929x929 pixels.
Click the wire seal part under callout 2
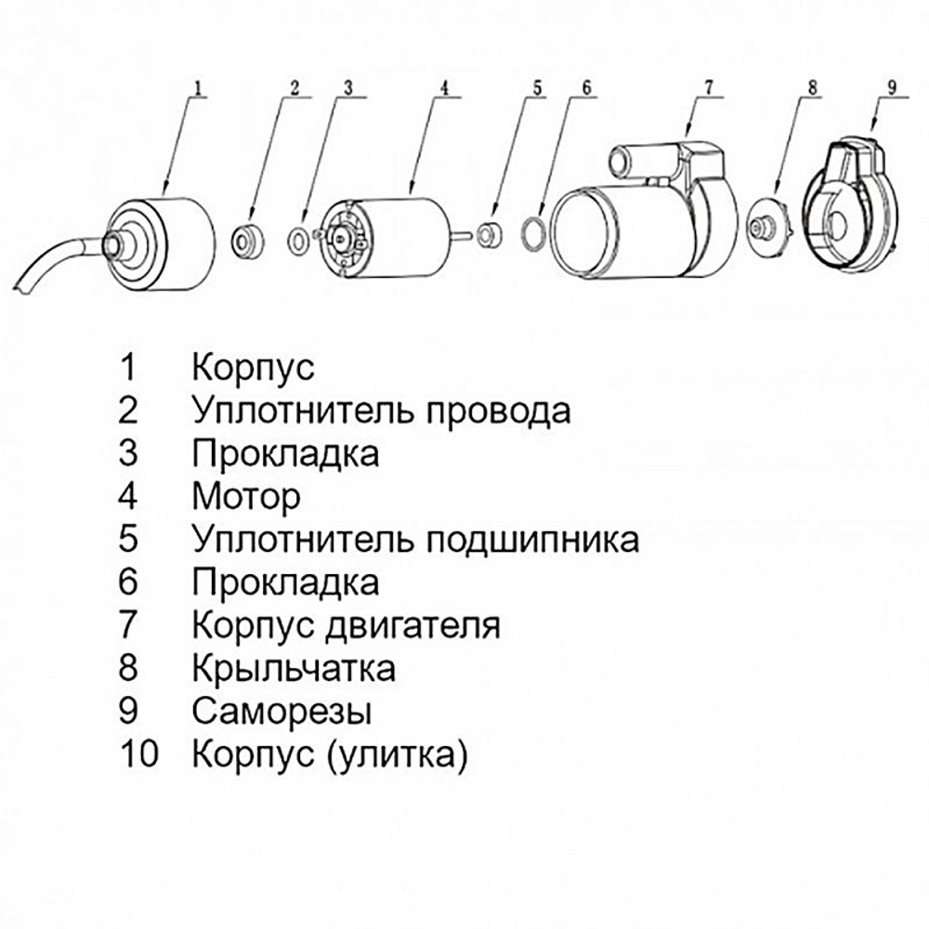(x=247, y=239)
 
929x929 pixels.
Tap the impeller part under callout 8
(x=767, y=223)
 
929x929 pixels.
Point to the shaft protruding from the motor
(x=461, y=235)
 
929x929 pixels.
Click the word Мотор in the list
(x=246, y=496)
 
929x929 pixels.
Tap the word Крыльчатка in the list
(x=294, y=668)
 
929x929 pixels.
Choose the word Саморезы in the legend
(x=282, y=712)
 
